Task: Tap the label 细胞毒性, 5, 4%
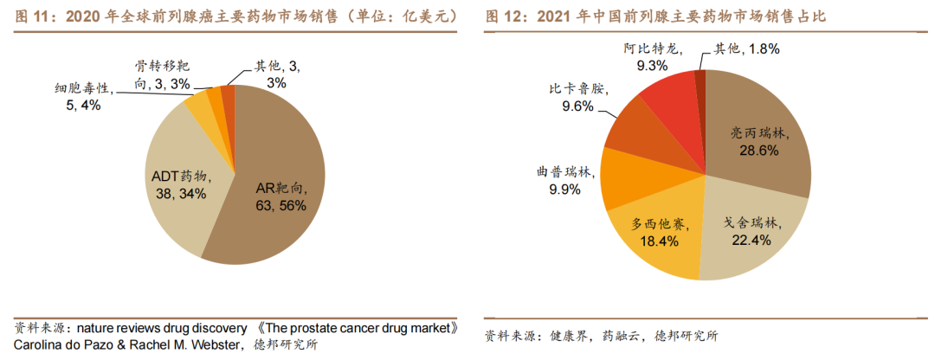pyautogui.click(x=82, y=96)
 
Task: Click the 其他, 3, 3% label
pyautogui.click(x=277, y=74)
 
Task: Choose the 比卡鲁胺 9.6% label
pyautogui.click(x=577, y=98)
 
